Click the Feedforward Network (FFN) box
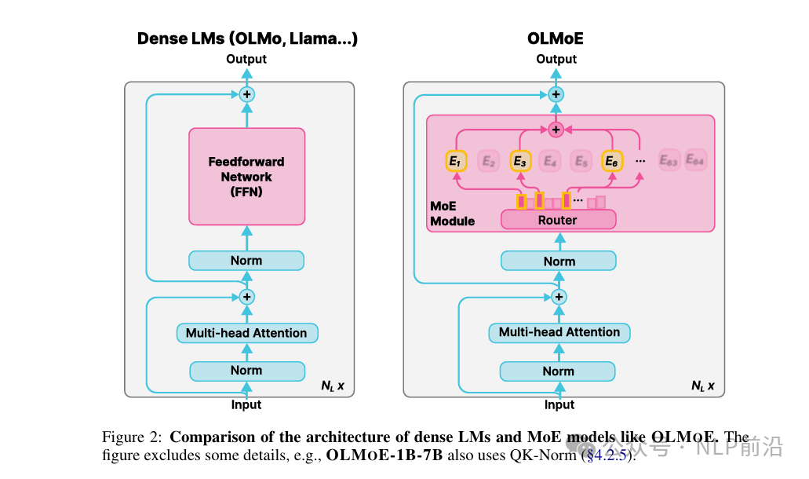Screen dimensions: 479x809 click(246, 176)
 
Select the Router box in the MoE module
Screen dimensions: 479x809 click(558, 220)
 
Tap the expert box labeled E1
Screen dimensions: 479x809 click(456, 161)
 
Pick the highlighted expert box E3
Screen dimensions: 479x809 click(520, 161)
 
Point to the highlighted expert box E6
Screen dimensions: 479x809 click(612, 161)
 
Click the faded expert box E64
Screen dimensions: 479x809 click(695, 161)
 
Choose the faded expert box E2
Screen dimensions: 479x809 click(488, 161)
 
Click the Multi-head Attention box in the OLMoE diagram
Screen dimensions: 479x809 click(559, 332)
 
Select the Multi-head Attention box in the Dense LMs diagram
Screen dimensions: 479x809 click(246, 333)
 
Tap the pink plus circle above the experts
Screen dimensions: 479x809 click(556, 129)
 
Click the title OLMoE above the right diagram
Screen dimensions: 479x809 click(556, 38)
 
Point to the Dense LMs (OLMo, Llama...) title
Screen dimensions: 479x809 click(247, 38)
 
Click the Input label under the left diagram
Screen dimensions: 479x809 click(246, 404)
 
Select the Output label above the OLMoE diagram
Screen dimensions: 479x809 click(556, 59)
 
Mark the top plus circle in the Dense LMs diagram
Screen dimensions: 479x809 click(247, 94)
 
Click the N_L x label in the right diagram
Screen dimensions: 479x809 click(702, 386)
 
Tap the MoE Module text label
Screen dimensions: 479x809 click(453, 214)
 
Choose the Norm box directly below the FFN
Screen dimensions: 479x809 click(246, 261)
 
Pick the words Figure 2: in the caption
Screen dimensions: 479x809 click(133, 437)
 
